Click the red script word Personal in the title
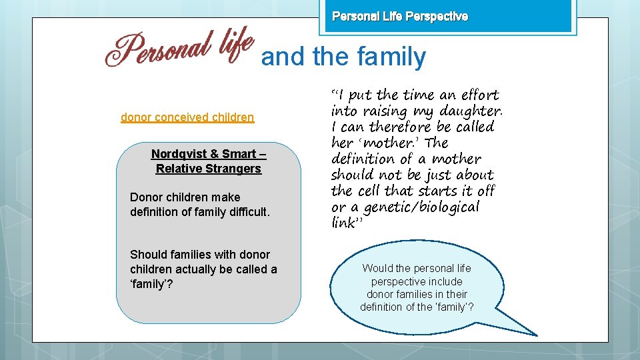(157, 51)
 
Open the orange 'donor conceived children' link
(187, 117)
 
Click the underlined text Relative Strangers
(209, 169)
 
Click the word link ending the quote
(344, 223)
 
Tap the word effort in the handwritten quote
(479, 95)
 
